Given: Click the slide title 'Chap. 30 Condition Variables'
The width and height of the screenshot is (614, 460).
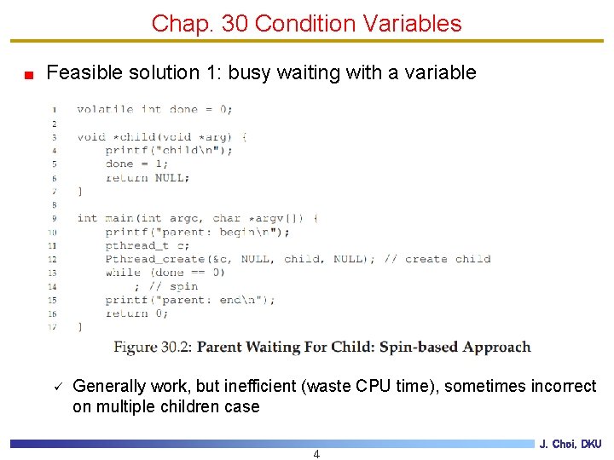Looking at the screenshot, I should click(x=306, y=23).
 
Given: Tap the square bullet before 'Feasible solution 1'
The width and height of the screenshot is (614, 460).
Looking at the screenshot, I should click(x=29, y=74).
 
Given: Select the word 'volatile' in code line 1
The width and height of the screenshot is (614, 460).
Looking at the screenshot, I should click(x=105, y=109).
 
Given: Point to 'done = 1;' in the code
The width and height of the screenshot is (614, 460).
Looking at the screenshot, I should click(x=136, y=164).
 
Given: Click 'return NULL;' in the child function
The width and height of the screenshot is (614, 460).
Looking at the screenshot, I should click(x=148, y=177).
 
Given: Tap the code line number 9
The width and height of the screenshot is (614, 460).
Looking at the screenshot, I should click(x=54, y=218).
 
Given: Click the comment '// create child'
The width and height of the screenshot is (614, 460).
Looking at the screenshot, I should click(x=437, y=259).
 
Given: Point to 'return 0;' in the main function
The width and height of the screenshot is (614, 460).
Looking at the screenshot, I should click(x=136, y=313).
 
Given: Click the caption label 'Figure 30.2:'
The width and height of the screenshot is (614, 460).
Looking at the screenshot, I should click(x=153, y=347).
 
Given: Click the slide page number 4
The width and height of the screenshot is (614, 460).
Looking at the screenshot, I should click(x=316, y=454).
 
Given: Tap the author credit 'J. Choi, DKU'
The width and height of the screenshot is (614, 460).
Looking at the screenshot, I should click(x=570, y=444).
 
